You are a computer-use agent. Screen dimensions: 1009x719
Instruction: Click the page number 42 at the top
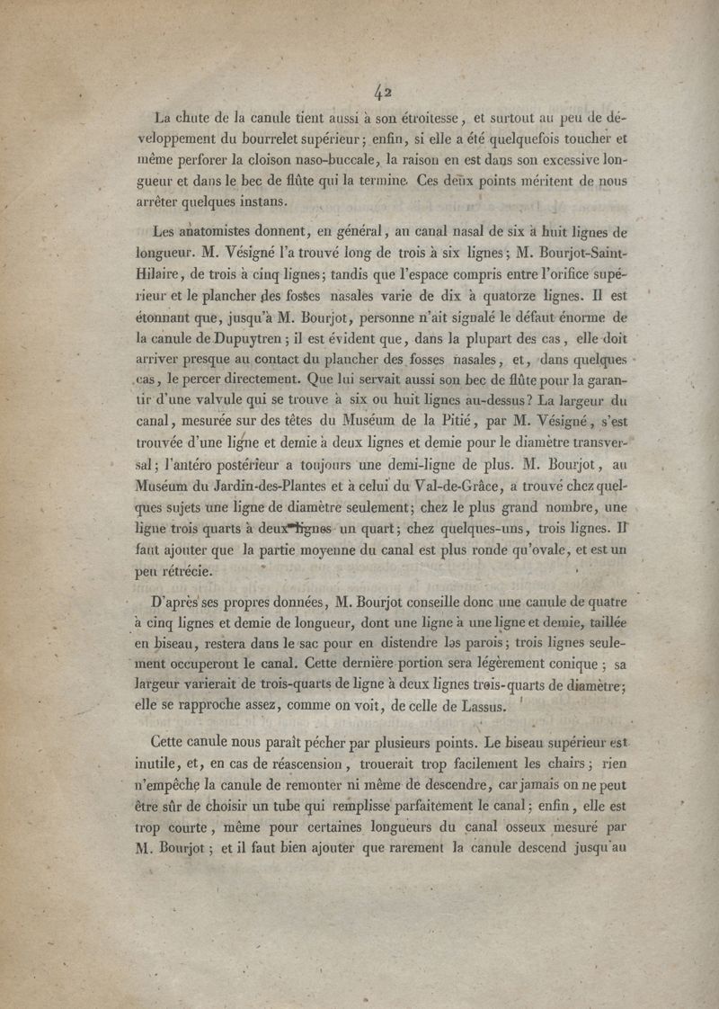pyautogui.click(x=383, y=91)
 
